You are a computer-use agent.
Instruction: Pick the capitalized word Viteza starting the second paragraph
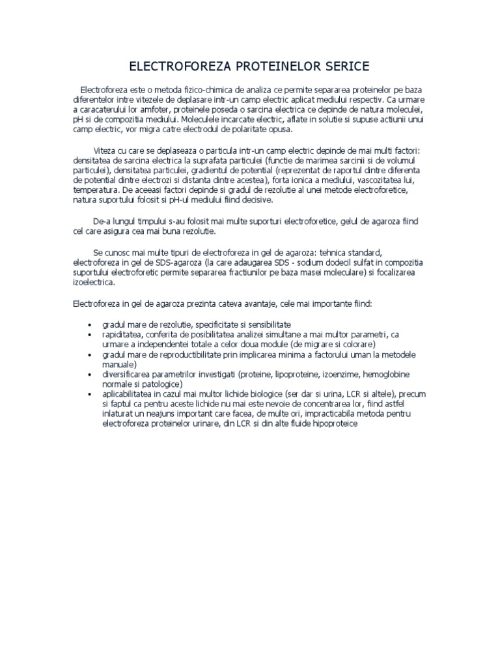[x=107, y=150]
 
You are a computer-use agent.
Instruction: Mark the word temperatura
[x=96, y=190]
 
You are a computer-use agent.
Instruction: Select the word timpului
[x=150, y=221]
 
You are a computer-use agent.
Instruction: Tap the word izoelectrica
[x=94, y=283]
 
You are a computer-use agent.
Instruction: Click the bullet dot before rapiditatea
[x=89, y=334]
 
